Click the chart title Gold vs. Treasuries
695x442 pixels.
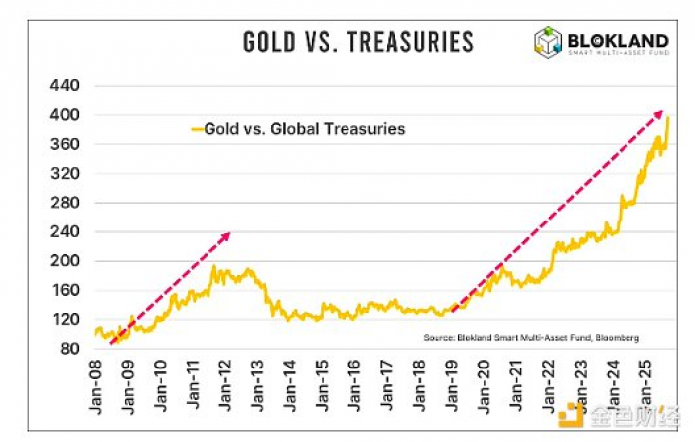358,42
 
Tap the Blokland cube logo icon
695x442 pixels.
548,42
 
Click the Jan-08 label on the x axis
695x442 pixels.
96,386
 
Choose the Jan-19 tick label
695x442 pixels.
452,386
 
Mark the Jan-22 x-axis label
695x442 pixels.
549,386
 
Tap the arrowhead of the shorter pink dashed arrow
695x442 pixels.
226,236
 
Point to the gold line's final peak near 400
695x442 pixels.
668,118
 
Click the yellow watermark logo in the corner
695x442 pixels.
573,414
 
